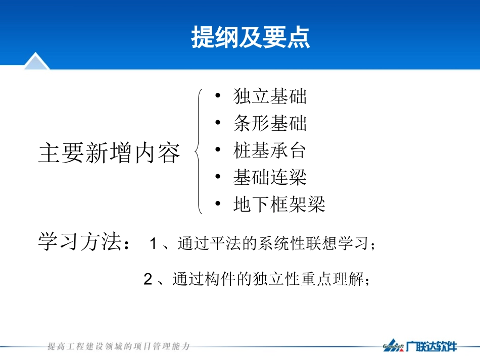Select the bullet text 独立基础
[270, 96]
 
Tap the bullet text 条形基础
[270, 124]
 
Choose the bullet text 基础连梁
[270, 177]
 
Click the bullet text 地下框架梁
[279, 204]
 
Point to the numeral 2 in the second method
[148, 279]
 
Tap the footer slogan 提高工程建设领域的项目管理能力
[119, 346]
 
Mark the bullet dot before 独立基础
[217, 96]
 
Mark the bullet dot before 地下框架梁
[217, 204]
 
